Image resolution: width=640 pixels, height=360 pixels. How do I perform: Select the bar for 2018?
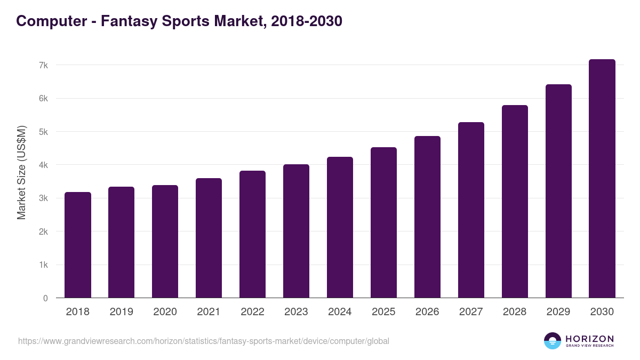[78, 245]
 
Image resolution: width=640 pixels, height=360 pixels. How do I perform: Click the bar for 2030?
[602, 179]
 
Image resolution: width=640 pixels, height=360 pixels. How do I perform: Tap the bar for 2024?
[340, 227]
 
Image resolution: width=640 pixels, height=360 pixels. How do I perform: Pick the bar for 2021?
[209, 238]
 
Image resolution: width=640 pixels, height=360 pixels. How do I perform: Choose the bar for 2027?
[471, 210]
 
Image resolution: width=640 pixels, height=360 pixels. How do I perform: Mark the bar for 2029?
[558, 191]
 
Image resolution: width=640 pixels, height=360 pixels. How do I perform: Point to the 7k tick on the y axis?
[43, 65]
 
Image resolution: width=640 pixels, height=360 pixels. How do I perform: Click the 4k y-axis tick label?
[43, 165]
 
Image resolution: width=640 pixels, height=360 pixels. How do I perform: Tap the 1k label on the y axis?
[43, 265]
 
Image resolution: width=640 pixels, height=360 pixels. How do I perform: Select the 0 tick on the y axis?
[45, 298]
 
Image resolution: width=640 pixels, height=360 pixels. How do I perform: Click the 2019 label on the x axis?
[121, 312]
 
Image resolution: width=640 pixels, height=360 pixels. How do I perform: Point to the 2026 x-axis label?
[427, 312]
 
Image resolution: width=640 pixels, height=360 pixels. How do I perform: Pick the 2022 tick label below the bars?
[252, 312]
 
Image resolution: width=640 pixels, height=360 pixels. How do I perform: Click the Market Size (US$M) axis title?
[21, 172]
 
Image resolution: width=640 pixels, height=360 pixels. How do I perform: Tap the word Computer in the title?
[51, 21]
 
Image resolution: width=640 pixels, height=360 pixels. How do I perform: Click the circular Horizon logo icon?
[553, 341]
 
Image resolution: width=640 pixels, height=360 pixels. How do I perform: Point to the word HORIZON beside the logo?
[589, 339]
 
